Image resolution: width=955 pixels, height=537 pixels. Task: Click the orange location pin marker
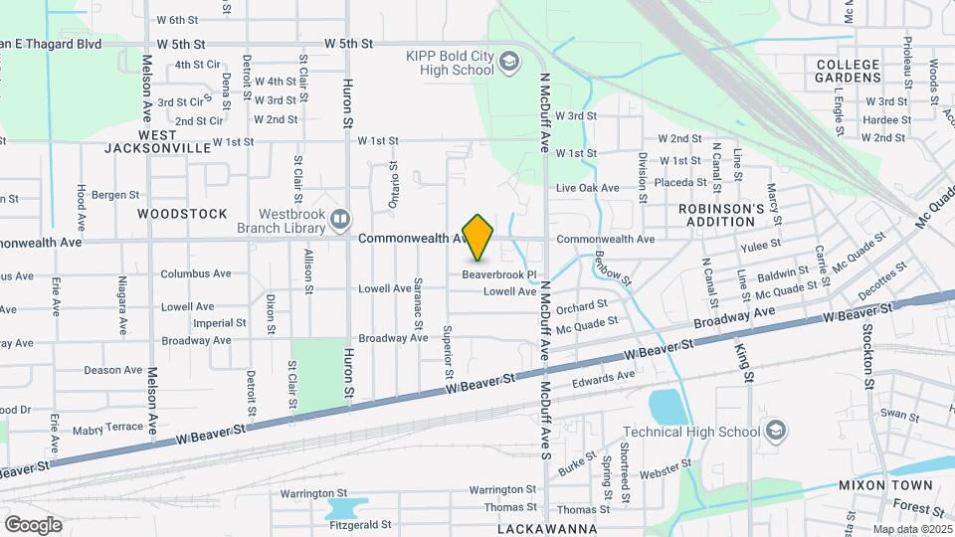pos(478,237)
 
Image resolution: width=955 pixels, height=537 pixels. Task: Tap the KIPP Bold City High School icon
pos(510,64)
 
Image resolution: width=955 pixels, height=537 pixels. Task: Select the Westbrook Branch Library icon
pos(340,218)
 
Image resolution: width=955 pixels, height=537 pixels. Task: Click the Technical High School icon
pos(777,431)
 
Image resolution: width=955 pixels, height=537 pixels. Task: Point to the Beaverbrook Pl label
pos(499,274)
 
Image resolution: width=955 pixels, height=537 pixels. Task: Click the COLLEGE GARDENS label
pos(848,71)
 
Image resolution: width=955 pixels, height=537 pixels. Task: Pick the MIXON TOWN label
pos(885,485)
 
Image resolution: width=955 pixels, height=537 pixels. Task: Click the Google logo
pos(32,525)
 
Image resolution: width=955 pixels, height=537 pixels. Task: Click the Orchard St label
pos(582,306)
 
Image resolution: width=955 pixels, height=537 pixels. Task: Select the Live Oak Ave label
pos(587,187)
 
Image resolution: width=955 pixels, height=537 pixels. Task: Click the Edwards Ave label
pos(604,376)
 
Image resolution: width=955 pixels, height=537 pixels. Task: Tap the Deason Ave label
pos(112,369)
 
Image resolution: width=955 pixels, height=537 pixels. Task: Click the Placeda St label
pos(678,182)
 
